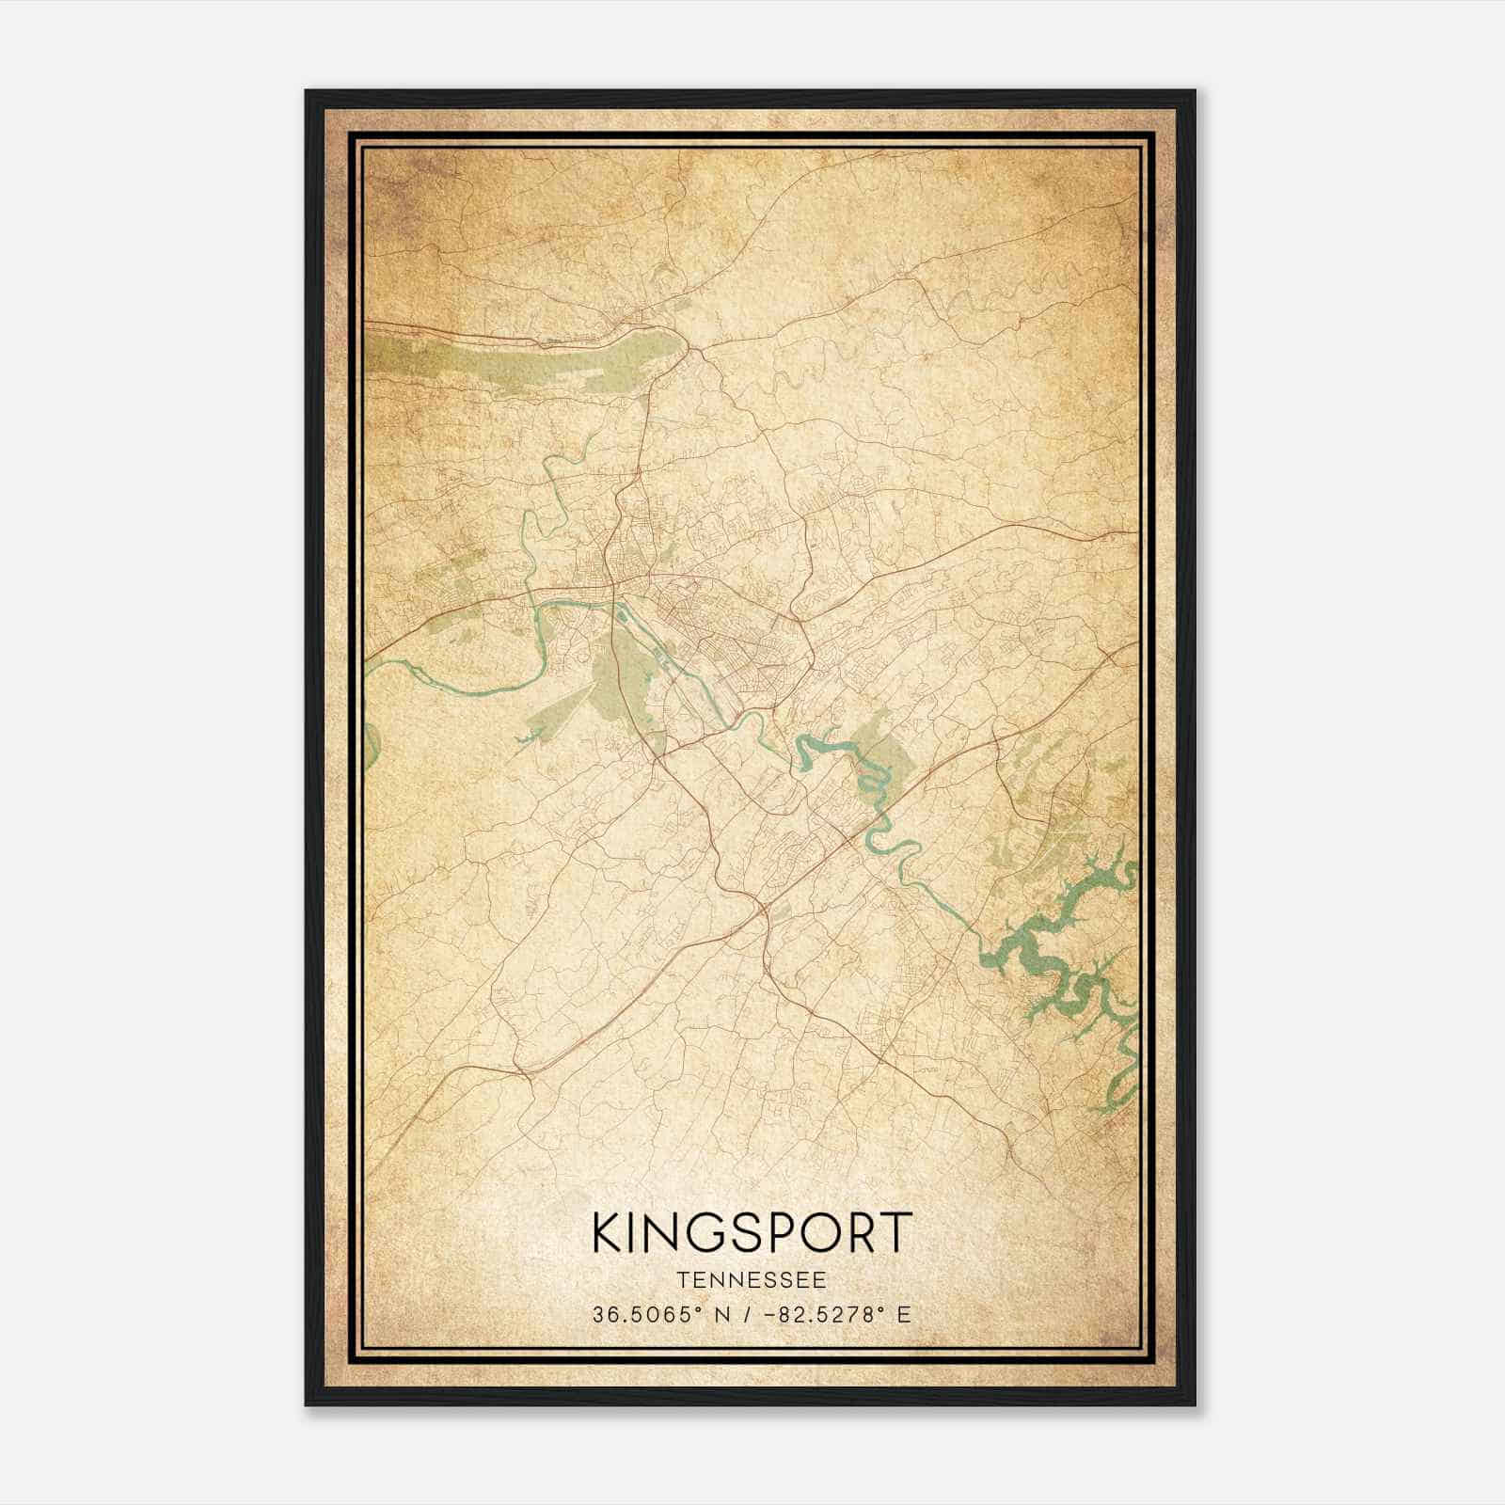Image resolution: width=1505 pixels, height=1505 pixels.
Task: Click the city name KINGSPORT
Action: click(752, 1232)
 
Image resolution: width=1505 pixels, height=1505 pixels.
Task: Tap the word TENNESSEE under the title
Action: click(752, 1280)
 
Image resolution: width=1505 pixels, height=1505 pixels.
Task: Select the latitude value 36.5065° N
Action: click(659, 1315)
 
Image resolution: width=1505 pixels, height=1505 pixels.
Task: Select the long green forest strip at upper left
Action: click(527, 362)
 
